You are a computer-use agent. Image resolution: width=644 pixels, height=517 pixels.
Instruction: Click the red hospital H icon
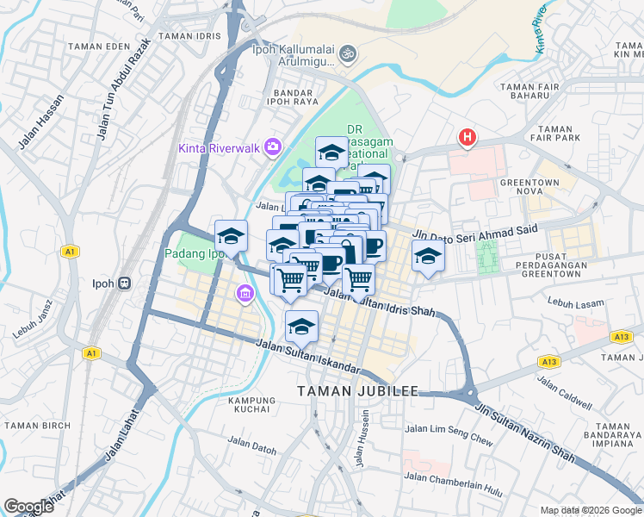467,137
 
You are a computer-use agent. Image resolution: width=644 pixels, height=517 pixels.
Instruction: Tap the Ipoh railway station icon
124,283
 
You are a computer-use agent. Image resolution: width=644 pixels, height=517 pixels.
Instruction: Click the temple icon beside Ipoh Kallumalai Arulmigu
349,53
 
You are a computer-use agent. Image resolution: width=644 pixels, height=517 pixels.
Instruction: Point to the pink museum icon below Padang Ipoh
245,296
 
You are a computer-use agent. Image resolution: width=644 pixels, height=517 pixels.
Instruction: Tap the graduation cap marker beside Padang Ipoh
231,235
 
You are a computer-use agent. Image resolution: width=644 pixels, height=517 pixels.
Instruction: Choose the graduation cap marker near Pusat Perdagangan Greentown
428,255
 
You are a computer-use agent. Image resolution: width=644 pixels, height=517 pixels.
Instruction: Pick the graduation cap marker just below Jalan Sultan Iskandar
301,327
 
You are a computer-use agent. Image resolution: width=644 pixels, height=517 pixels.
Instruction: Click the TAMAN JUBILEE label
357,391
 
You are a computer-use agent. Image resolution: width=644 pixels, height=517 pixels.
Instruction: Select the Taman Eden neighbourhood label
92,47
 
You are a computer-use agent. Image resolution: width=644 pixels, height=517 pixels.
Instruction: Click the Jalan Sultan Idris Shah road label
380,302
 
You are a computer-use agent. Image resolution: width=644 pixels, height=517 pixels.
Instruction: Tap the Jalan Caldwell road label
564,392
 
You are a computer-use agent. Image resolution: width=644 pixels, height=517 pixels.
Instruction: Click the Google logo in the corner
28,506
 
